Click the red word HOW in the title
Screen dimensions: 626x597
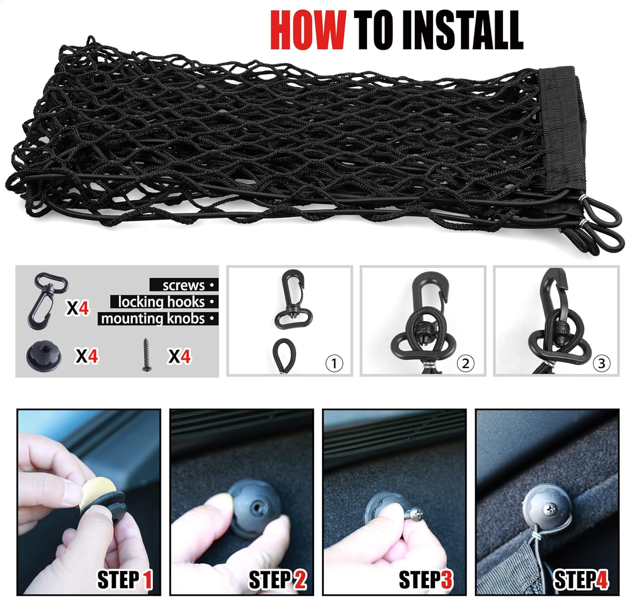308,30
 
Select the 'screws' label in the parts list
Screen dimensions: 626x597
184,285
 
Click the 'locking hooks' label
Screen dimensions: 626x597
161,302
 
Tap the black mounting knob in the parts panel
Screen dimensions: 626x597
44,355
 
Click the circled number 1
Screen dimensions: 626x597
334,363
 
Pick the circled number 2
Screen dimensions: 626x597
465,363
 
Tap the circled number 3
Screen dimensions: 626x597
601,363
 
